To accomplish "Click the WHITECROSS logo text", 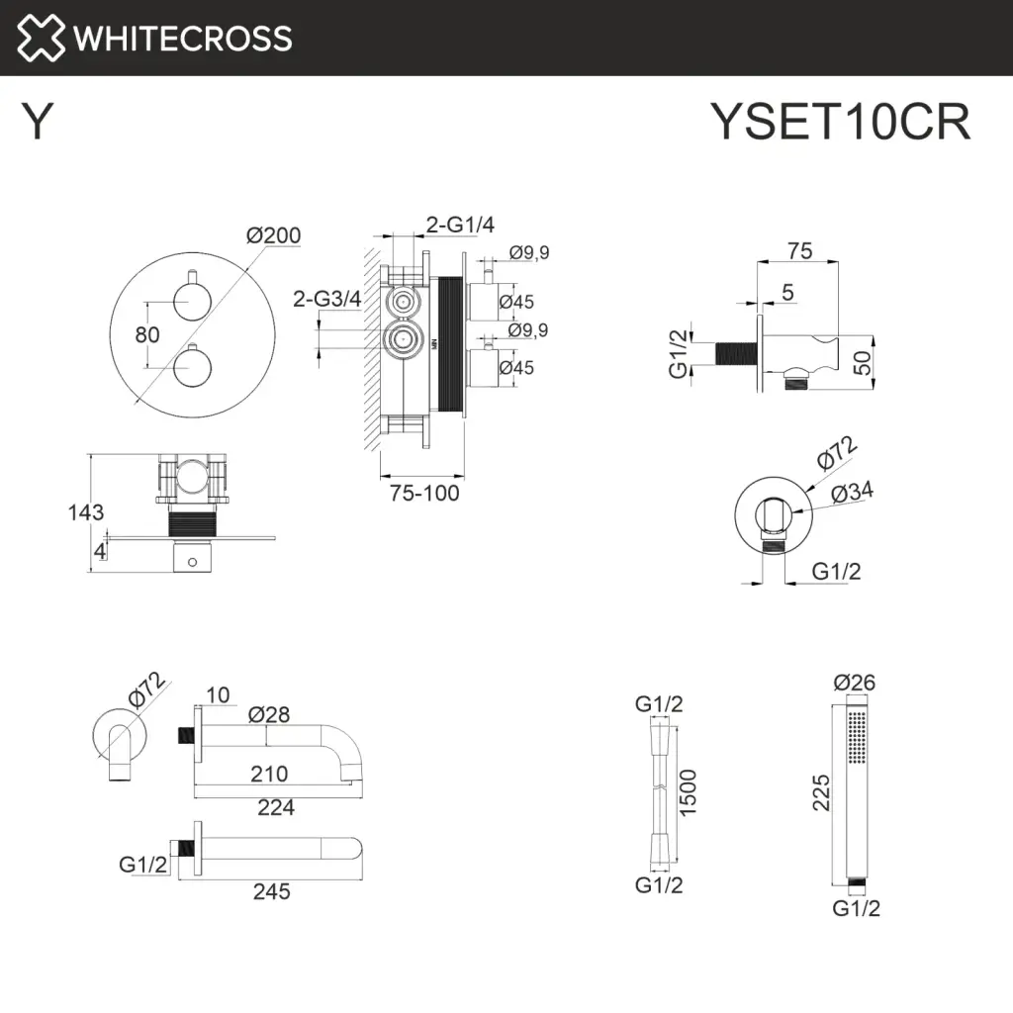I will [183, 38].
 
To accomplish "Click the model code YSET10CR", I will [841, 124].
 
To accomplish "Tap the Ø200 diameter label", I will [274, 235].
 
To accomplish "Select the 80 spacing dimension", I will [147, 334].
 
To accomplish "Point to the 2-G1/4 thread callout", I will [459, 226].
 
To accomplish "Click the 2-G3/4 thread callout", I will [326, 298].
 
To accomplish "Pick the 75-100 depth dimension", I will [423, 493].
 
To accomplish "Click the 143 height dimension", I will [86, 512].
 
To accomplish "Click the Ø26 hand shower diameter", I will [855, 683].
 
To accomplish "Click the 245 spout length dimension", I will [271, 891].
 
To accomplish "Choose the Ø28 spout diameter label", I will [269, 713].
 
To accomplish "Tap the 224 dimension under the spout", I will [275, 808].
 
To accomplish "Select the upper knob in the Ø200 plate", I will [190, 296].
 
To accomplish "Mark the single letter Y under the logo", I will [37, 123].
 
